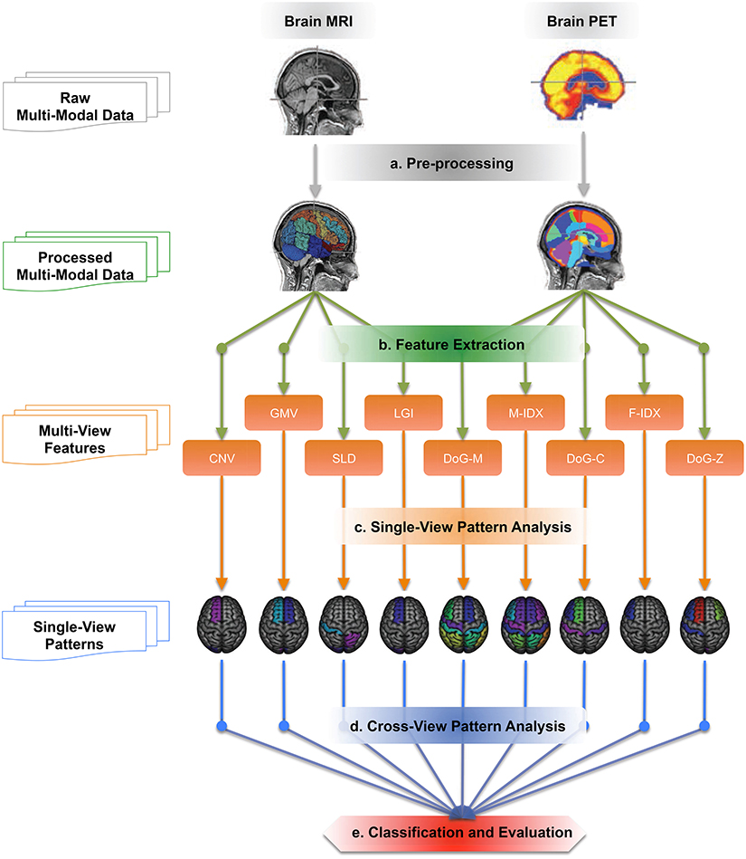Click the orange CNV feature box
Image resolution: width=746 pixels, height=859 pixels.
coord(222,457)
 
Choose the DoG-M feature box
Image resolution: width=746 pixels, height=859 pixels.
coord(464,457)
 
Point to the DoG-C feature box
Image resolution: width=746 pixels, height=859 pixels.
coord(584,457)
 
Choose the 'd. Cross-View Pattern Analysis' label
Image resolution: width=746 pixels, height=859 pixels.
coord(463,726)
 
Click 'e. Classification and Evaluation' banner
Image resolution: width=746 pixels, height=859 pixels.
coord(463,831)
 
